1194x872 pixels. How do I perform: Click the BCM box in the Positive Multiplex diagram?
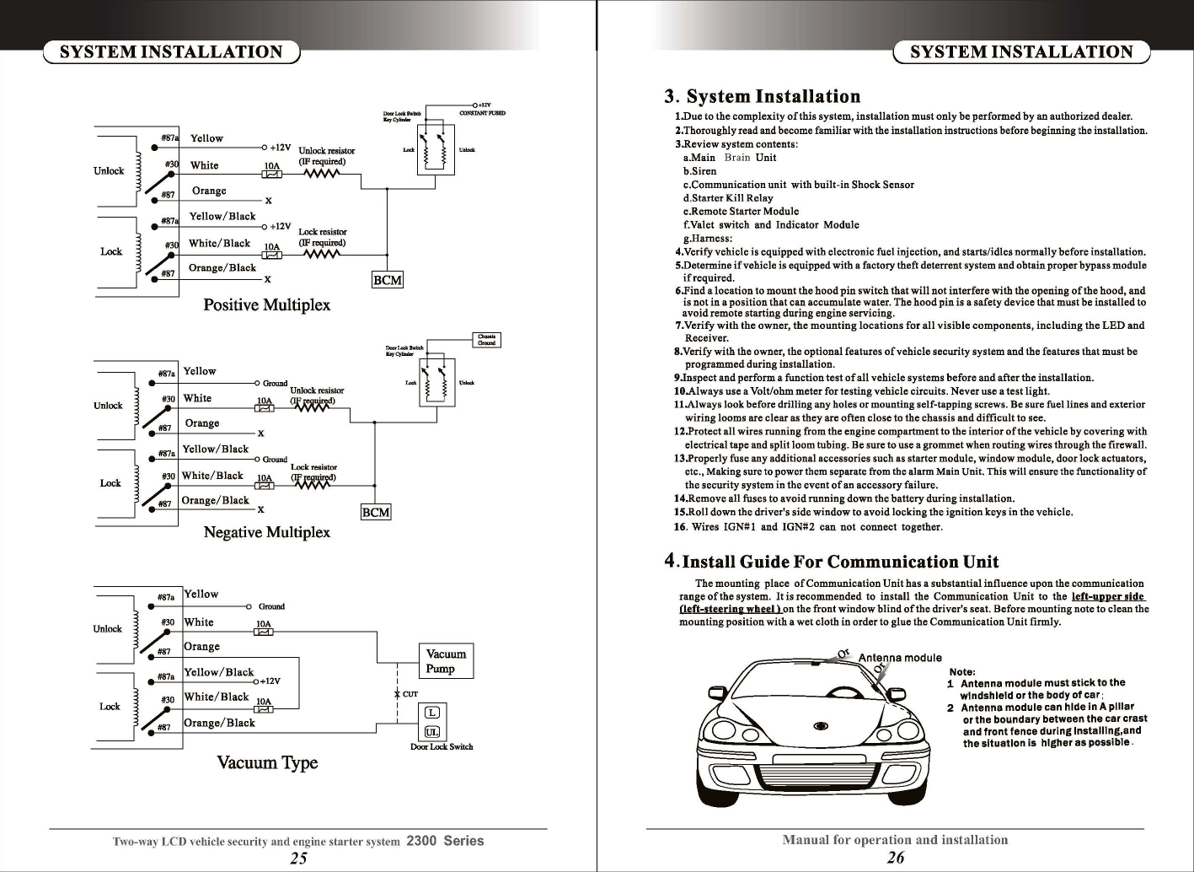(388, 280)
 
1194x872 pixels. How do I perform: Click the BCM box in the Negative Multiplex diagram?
(376, 512)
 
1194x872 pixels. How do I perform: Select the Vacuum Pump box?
(446, 661)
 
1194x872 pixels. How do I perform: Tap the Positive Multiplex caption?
(266, 304)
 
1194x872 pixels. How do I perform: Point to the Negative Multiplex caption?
(266, 532)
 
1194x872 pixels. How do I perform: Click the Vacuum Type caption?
(267, 763)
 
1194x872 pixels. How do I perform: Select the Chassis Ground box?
(486, 340)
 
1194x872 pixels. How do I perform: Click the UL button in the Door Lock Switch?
(431, 732)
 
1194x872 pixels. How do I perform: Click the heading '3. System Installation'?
(763, 96)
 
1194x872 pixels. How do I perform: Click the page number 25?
(298, 859)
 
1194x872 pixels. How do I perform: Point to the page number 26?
(896, 859)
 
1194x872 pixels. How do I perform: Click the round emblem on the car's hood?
(820, 725)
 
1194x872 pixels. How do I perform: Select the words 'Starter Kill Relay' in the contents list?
(731, 198)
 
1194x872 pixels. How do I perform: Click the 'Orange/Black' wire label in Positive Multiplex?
(222, 268)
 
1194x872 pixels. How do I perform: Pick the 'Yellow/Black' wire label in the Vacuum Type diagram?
(219, 672)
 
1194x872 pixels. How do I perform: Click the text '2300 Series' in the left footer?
(445, 841)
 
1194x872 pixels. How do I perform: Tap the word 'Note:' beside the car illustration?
(961, 671)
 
